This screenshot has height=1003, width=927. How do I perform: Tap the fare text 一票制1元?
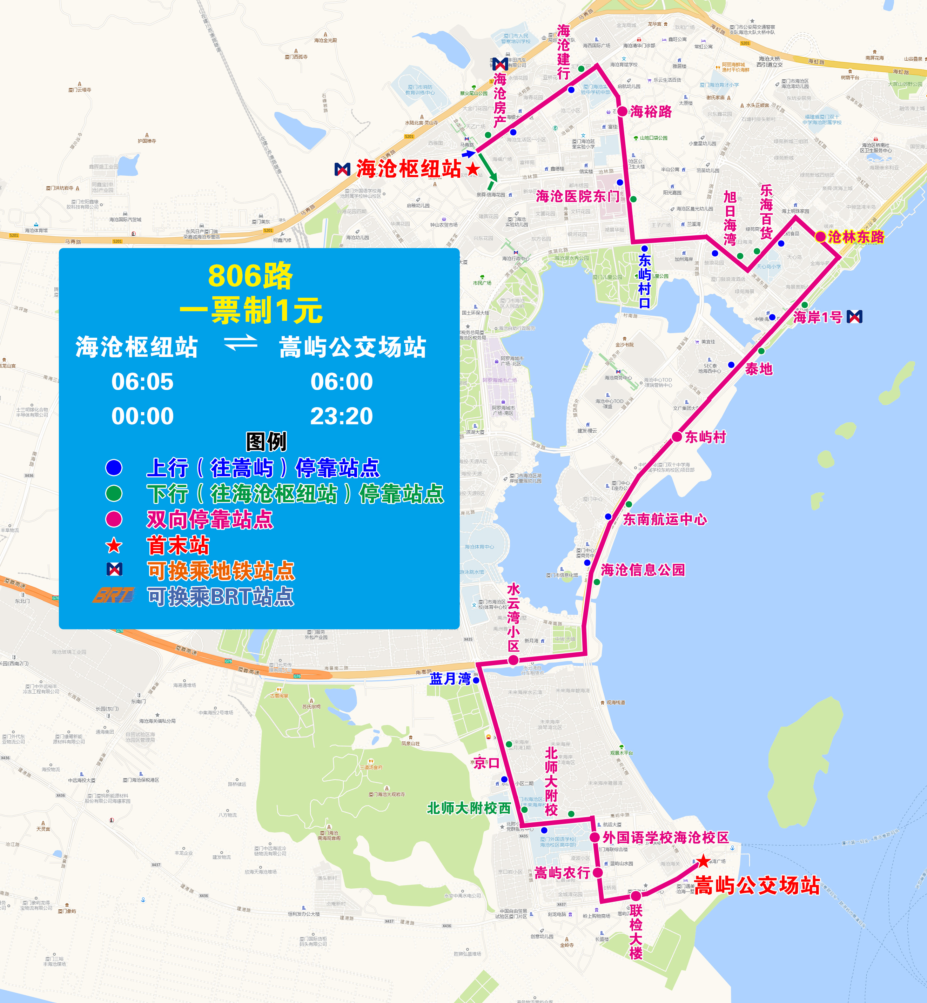[251, 310]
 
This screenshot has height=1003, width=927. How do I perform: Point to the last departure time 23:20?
[341, 416]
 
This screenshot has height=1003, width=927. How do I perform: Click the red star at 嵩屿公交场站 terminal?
[703, 861]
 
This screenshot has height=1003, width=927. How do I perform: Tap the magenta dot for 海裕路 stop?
[622, 111]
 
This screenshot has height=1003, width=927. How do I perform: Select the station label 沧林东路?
[856, 237]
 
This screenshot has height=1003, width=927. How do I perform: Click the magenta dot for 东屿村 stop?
[677, 437]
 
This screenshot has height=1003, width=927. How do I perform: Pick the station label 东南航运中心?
[665, 519]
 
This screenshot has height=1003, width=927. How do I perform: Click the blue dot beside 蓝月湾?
[476, 681]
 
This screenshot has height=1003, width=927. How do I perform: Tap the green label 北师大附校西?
[469, 808]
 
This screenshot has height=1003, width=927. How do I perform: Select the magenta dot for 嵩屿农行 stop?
[597, 873]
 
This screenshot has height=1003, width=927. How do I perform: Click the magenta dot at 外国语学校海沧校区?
[595, 837]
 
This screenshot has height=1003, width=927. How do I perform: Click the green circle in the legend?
[114, 493]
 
